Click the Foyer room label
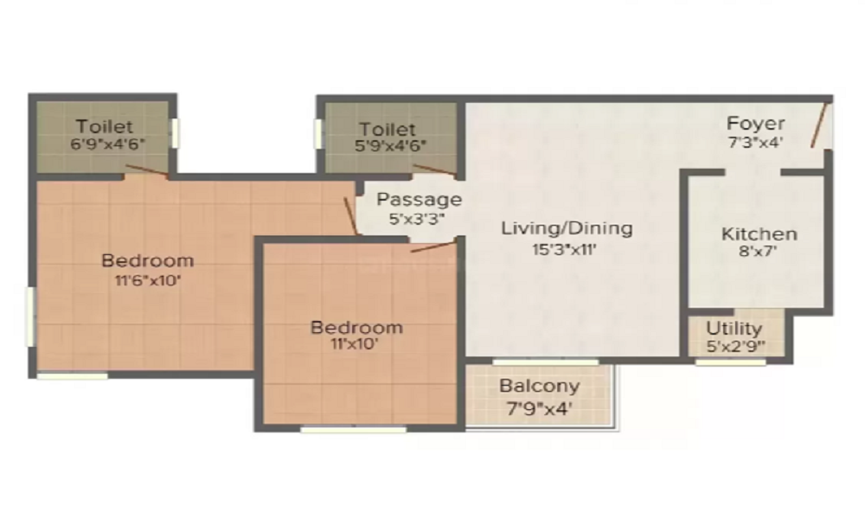(755, 123)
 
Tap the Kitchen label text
(759, 234)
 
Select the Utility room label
(734, 329)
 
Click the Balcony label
(540, 386)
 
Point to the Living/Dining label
(567, 228)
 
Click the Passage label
(419, 200)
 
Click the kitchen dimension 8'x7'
(759, 253)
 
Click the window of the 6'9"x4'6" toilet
(176, 132)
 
